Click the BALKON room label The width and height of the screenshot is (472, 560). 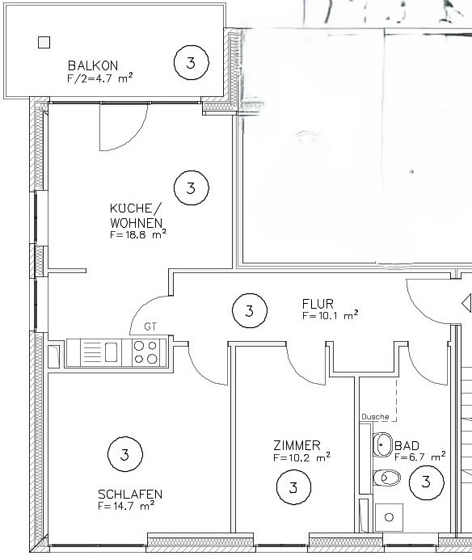[93, 65]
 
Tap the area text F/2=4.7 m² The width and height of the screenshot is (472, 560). [99, 78]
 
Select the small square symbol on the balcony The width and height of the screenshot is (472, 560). [44, 43]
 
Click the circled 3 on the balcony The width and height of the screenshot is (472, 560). [191, 62]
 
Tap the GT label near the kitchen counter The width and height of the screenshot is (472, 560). [150, 327]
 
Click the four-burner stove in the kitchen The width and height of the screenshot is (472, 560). [148, 352]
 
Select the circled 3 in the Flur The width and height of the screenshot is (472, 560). [249, 309]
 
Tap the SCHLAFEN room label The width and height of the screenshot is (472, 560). [129, 495]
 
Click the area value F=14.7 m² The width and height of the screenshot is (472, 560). [125, 507]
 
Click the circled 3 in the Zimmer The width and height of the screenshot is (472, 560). [293, 487]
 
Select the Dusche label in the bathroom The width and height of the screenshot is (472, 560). [375, 417]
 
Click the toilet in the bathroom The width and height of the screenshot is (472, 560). [386, 478]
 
